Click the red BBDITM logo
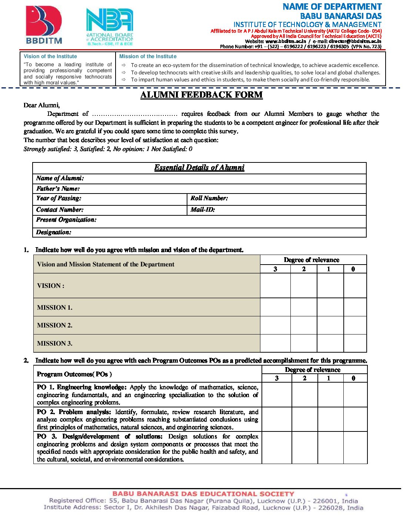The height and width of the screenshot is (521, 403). [44, 25]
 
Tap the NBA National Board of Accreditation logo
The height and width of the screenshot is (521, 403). [110, 27]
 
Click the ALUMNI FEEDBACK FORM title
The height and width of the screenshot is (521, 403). [201, 95]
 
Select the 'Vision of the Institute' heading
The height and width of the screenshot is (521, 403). [50, 56]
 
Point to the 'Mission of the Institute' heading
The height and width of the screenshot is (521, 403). [148, 56]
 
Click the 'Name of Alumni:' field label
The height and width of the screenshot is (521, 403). [60, 178]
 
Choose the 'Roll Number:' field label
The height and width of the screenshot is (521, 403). [209, 198]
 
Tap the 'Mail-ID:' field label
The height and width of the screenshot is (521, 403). [203, 210]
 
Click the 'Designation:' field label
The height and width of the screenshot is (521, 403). [54, 232]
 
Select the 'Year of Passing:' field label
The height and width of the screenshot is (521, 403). [59, 198]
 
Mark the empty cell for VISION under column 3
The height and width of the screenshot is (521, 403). [275, 286]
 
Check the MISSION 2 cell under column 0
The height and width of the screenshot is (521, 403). [355, 325]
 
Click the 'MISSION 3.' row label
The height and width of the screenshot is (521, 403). [55, 343]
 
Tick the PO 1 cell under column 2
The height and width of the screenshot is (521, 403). [304, 394]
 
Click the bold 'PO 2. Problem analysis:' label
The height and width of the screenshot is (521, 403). [74, 412]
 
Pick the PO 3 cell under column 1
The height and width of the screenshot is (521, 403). [330, 448]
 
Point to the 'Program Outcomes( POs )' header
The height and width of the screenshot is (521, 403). [74, 374]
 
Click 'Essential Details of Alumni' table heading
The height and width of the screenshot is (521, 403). [199, 168]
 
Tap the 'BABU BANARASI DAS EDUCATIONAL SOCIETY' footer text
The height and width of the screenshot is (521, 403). [203, 494]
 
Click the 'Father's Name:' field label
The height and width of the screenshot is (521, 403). [58, 189]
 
